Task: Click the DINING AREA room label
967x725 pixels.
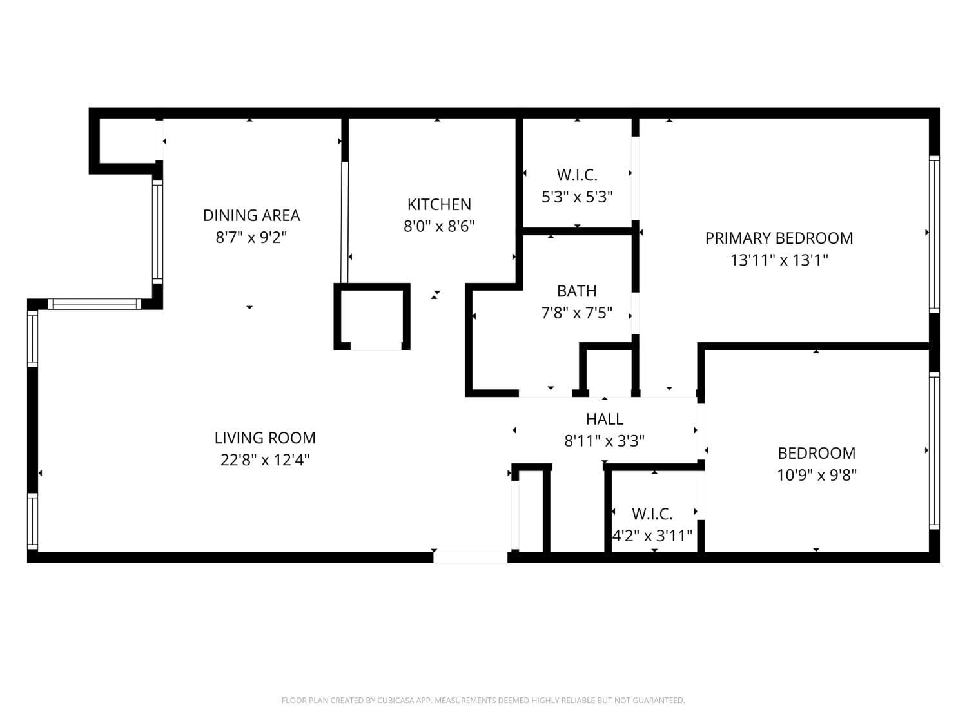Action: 251,215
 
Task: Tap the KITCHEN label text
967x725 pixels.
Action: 439,204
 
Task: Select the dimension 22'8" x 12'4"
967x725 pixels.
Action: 265,460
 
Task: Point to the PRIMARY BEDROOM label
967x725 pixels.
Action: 779,238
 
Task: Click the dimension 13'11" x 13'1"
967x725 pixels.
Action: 779,260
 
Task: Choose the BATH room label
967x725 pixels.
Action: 576,291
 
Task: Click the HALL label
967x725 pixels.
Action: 604,420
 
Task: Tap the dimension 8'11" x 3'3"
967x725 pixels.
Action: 604,441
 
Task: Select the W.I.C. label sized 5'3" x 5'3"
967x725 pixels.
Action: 577,175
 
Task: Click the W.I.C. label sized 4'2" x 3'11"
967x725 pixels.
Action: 652,514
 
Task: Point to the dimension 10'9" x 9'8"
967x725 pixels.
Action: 816,476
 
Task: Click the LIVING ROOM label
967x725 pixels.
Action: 265,438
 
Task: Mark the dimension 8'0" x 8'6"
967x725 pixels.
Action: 439,227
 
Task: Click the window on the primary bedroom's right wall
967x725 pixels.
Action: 933,234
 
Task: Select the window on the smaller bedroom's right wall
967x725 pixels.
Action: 933,450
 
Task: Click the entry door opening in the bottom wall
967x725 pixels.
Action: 471,557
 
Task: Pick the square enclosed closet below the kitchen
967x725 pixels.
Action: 372,317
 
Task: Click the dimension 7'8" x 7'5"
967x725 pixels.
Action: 576,313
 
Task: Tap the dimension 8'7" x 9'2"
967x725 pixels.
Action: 251,238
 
